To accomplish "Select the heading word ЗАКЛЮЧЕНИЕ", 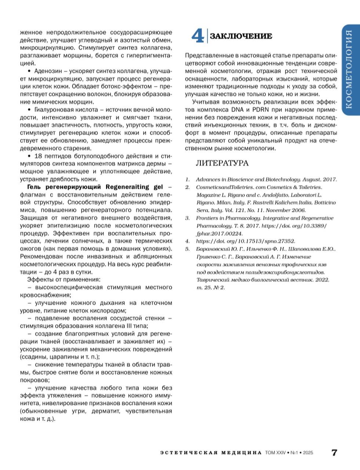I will tap(241, 36).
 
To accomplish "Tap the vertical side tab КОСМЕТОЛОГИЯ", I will tap(350, 69).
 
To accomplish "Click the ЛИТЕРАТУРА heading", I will tap(222, 163).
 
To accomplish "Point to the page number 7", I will tap(334, 452).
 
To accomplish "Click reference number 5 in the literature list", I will tap(188, 249).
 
